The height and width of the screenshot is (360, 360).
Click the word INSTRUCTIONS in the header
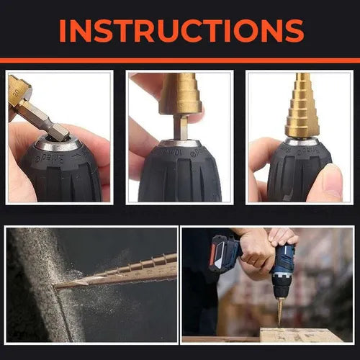pos(180,30)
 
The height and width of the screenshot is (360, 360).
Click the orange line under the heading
pos(180,60)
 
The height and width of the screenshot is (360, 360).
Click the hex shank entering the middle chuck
pos(183,129)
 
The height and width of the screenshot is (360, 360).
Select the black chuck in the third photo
pos(292,173)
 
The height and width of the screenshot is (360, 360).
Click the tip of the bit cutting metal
pos(58,286)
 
